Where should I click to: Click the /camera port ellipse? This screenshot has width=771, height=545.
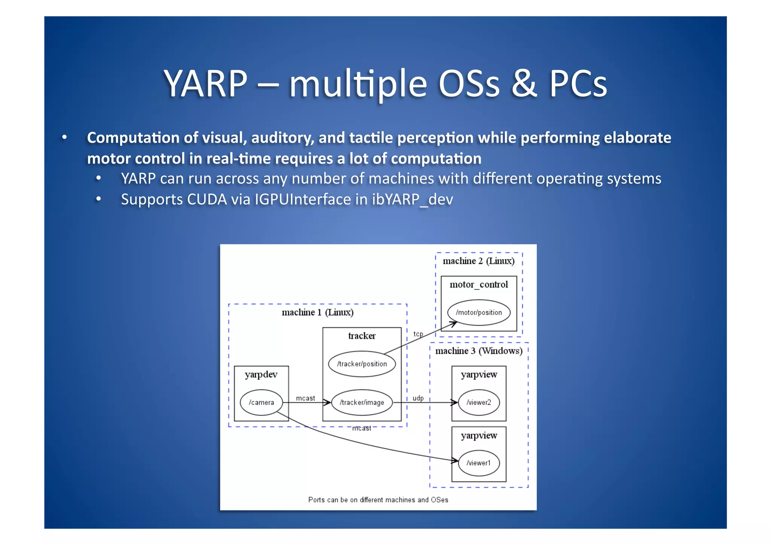click(x=261, y=402)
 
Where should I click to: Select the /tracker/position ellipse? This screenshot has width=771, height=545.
click(x=362, y=364)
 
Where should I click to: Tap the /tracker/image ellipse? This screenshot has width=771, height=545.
click(x=362, y=402)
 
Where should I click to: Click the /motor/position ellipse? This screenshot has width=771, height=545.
click(x=478, y=312)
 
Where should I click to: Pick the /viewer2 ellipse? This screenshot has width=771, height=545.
click(x=478, y=402)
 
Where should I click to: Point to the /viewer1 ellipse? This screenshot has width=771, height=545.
click(x=478, y=463)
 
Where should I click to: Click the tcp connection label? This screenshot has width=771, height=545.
click(x=418, y=334)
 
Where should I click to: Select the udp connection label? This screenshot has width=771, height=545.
click(x=418, y=398)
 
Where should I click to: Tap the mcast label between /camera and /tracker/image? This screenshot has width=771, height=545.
click(x=305, y=398)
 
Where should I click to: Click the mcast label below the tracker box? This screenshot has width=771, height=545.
click(x=361, y=428)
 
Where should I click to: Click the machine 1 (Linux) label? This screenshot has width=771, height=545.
click(x=317, y=312)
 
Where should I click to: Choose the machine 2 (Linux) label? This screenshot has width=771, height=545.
click(x=478, y=261)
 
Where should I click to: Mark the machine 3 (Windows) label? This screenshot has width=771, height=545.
click(x=478, y=351)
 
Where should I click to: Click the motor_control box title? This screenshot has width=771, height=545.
click(x=478, y=285)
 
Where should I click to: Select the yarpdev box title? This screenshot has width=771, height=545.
click(x=261, y=374)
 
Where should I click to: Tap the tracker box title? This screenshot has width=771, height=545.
click(x=362, y=336)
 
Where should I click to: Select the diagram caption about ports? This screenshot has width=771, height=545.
click(x=378, y=500)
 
